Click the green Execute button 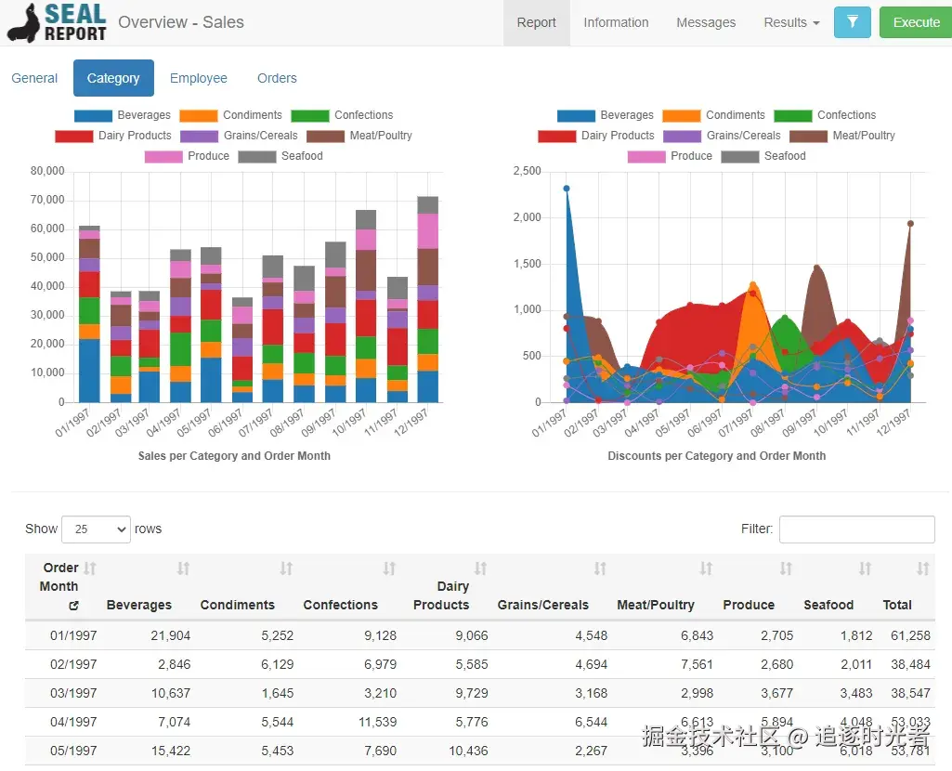(x=916, y=22)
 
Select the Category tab (x=113, y=78)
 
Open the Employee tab (x=198, y=78)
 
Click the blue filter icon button (x=852, y=22)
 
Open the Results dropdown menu (x=791, y=22)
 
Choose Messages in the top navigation (x=706, y=22)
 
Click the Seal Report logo (x=57, y=22)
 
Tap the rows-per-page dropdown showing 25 (x=96, y=529)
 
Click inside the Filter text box (x=856, y=529)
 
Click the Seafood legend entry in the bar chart (x=280, y=156)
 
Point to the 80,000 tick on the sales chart (x=47, y=171)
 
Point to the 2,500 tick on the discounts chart (x=527, y=171)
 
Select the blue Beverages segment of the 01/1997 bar (x=89, y=371)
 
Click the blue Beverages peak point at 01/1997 (x=567, y=189)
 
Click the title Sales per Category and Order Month (x=234, y=456)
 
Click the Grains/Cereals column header (x=542, y=605)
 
